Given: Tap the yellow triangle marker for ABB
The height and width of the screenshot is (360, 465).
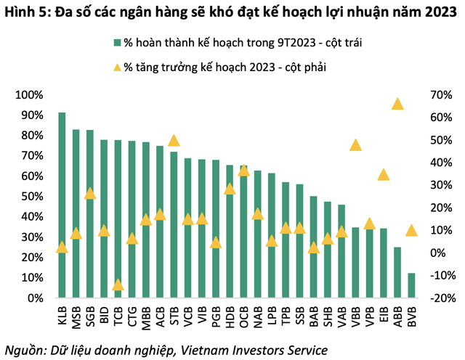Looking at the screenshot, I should pyautogui.click(x=397, y=104).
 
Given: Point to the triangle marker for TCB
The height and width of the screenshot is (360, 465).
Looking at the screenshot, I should pyautogui.click(x=118, y=285).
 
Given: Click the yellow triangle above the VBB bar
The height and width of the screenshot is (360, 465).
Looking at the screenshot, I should pyautogui.click(x=356, y=144).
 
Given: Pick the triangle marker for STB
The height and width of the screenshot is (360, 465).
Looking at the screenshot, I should pyautogui.click(x=174, y=140).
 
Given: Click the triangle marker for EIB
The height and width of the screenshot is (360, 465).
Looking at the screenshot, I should pyautogui.click(x=384, y=174).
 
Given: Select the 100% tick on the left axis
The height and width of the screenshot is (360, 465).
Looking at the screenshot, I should pyautogui.click(x=30, y=95).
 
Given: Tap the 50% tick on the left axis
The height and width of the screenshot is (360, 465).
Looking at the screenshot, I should pyautogui.click(x=33, y=197).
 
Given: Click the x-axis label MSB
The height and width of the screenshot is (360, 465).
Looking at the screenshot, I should pyautogui.click(x=76, y=316).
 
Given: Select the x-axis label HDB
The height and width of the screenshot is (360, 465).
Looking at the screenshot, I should pyautogui.click(x=230, y=316).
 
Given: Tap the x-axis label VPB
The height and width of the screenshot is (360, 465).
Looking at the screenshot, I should pyautogui.click(x=369, y=316).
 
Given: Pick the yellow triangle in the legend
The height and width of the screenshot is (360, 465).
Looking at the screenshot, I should pyautogui.click(x=118, y=67).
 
